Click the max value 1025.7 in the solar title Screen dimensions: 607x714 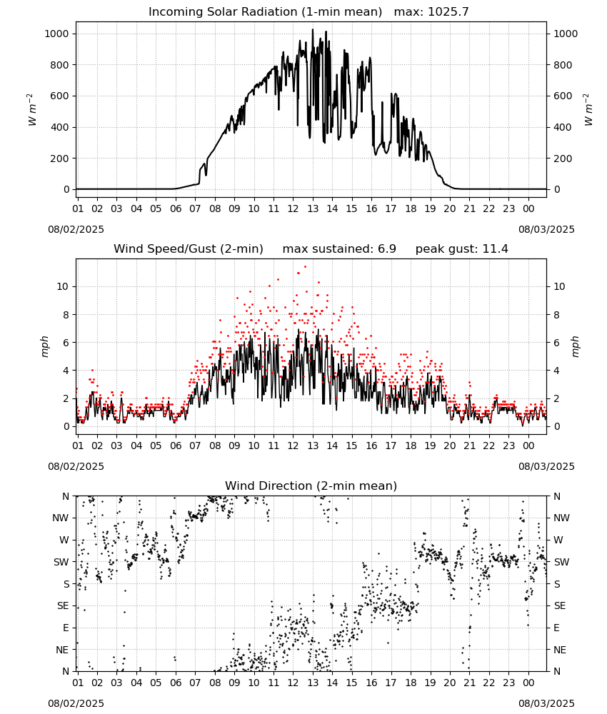pos(448,12)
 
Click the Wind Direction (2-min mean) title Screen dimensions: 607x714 pos(311,486)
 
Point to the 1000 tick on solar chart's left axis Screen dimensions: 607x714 pos(56,34)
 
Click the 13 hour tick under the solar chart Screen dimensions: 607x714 pos(313,208)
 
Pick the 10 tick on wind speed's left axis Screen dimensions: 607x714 pos(63,286)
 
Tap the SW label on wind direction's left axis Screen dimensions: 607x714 pos(61,562)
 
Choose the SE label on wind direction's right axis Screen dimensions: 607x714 pos(560,605)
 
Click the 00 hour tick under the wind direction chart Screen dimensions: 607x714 pos(528,683)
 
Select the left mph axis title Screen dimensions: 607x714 pos(44,347)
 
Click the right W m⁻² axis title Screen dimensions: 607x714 pos(588,110)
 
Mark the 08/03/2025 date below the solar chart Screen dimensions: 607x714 pos(546,229)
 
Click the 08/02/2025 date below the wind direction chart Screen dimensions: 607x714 pos(76,703)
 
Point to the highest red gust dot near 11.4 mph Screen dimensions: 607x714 pos(305,267)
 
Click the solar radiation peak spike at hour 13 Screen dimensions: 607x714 pos(312,29)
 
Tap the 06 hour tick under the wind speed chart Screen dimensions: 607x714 pos(176,446)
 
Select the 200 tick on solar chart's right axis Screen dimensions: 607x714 pos(563,159)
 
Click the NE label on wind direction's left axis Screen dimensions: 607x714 pos(62,650)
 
